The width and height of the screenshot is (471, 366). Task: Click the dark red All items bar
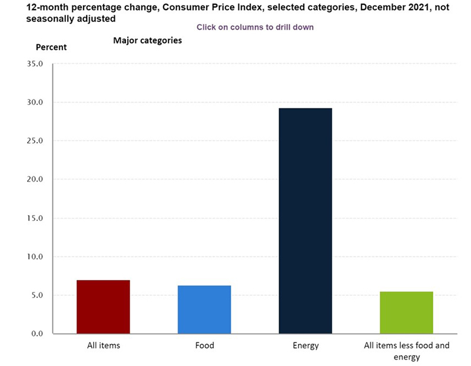click(103, 306)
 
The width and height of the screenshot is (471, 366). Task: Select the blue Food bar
click(204, 309)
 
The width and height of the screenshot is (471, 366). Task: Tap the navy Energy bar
click(305, 221)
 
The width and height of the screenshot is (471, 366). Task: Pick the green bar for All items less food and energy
click(406, 312)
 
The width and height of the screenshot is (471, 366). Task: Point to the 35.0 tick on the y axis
click(36, 64)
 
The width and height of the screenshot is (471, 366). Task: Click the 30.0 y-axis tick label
click(36, 103)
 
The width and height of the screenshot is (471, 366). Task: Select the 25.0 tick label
click(36, 141)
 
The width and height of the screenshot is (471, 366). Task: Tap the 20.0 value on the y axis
click(36, 179)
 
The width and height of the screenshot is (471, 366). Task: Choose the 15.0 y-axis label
click(36, 218)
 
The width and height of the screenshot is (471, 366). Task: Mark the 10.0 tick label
click(36, 257)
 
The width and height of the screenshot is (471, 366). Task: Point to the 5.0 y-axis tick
click(38, 295)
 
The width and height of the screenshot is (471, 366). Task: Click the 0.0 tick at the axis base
click(38, 334)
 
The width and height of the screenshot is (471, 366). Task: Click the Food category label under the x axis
click(204, 345)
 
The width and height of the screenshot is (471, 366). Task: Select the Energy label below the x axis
click(305, 345)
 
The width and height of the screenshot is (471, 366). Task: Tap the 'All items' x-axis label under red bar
click(103, 345)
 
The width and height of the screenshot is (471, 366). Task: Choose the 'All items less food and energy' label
click(406, 351)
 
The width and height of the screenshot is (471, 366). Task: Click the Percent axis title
click(52, 47)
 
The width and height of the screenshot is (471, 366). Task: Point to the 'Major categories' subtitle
click(147, 41)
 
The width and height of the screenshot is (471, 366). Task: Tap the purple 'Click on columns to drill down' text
click(255, 27)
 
